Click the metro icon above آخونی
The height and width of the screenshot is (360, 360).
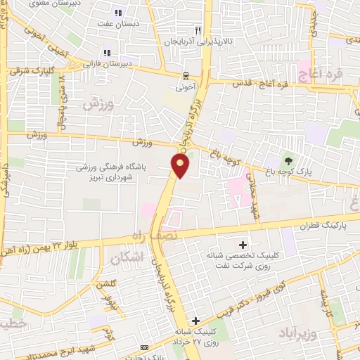pos(185,77)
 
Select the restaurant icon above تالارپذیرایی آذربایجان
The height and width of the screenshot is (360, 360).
pos(198,30)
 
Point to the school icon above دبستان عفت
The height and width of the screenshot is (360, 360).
pos(118,13)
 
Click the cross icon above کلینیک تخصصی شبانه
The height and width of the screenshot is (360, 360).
pos(243,245)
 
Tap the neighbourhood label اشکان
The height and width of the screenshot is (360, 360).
pos(127,259)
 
